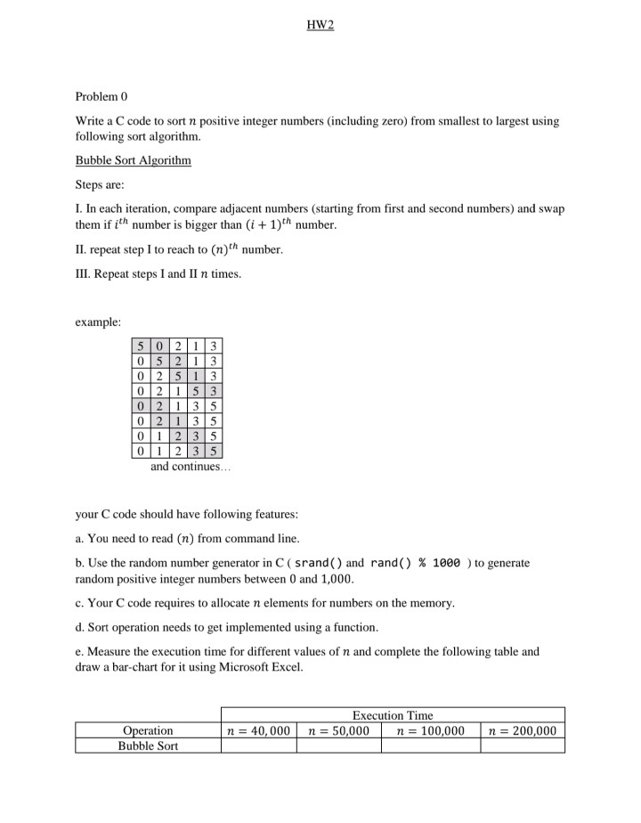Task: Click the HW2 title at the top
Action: (320, 24)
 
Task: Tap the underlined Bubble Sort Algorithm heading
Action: (133, 161)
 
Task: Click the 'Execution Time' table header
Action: (393, 715)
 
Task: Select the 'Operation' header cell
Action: (148, 730)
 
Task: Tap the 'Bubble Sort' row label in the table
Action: (148, 746)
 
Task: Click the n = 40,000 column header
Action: (259, 730)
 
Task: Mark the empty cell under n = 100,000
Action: (431, 746)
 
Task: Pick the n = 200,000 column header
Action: (523, 730)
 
